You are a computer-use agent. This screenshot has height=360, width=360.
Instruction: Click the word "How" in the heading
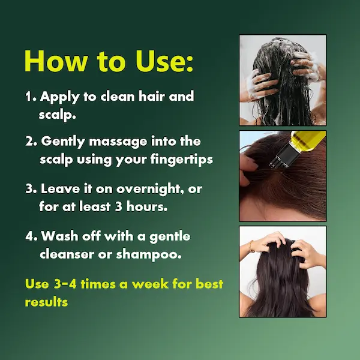click(x=56, y=61)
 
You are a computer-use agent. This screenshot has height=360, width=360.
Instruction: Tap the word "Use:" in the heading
click(x=164, y=61)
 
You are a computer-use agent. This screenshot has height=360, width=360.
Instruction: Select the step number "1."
click(x=31, y=97)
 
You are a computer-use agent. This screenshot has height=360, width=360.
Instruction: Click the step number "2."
click(x=31, y=141)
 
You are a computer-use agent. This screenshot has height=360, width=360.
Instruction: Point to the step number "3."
click(x=31, y=189)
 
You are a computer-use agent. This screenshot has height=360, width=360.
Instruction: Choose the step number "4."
click(x=31, y=236)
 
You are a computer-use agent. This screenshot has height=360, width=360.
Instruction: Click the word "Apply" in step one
click(x=59, y=97)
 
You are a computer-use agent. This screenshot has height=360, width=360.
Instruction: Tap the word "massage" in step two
click(x=118, y=142)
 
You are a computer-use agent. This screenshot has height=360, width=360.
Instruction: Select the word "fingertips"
click(x=182, y=160)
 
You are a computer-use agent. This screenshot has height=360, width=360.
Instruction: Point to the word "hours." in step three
click(x=147, y=206)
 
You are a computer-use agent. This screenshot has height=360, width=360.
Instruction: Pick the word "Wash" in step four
click(x=59, y=236)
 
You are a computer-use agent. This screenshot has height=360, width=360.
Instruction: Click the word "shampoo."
click(x=149, y=254)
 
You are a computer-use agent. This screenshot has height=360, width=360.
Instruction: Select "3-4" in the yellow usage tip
click(x=65, y=284)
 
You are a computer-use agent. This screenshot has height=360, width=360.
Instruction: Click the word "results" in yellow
click(x=46, y=302)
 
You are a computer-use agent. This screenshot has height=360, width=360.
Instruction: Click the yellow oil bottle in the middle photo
click(x=307, y=141)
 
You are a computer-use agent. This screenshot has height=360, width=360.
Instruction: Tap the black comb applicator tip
click(x=281, y=155)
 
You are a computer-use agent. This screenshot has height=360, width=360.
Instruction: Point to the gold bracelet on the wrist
click(x=251, y=247)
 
